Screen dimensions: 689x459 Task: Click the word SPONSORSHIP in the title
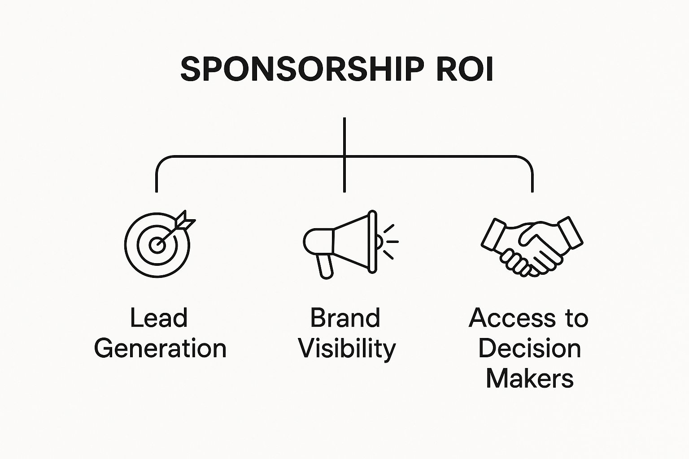302,69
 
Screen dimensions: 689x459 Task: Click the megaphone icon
351,244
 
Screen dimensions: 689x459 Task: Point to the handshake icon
532,247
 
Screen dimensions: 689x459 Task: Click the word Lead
159,318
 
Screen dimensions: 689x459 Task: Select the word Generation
160,348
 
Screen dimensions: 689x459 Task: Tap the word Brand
345,318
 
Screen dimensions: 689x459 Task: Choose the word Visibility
347,350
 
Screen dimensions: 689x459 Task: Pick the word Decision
530,348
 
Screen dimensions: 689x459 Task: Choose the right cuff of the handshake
570,233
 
